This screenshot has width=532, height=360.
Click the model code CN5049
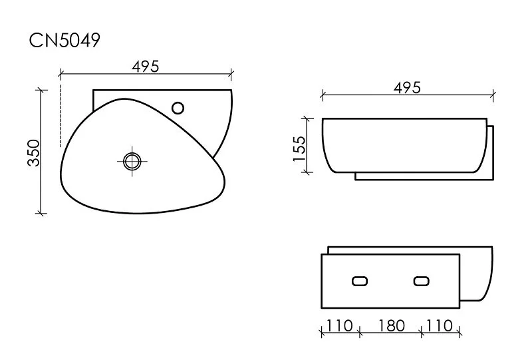coord(65,41)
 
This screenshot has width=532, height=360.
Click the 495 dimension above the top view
coord(146,66)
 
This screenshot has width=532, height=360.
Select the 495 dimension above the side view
coord(407,88)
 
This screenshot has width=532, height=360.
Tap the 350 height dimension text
coord(34,152)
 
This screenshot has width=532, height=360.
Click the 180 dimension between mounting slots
coord(390,326)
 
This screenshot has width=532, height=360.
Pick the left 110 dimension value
coord(340,326)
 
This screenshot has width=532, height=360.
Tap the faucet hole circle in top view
coord(178,106)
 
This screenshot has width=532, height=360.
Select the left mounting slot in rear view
coord(360,281)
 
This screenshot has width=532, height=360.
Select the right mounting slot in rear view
coord(421,281)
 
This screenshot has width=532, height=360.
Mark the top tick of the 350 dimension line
coord(42,90)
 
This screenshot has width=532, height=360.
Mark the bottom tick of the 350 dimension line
coord(42,213)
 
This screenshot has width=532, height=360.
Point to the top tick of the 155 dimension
coord(307,119)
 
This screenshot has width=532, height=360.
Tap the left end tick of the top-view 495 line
coord(61,73)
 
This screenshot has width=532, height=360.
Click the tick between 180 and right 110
coord(422,331)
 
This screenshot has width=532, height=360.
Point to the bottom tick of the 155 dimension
coord(307,172)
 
